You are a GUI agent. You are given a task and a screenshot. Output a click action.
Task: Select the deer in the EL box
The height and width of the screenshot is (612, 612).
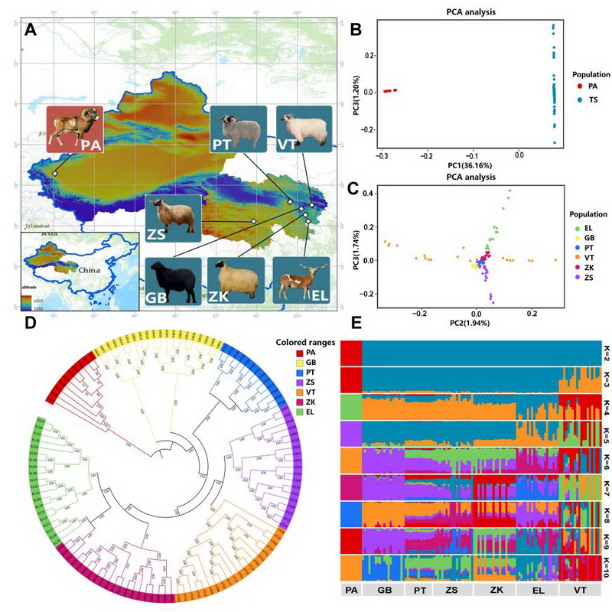pos(301,280)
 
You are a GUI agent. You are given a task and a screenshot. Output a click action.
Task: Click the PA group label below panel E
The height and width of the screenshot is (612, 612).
pos(351,591)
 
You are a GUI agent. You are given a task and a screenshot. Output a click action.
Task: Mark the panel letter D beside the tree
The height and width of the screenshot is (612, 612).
pos(31,324)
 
